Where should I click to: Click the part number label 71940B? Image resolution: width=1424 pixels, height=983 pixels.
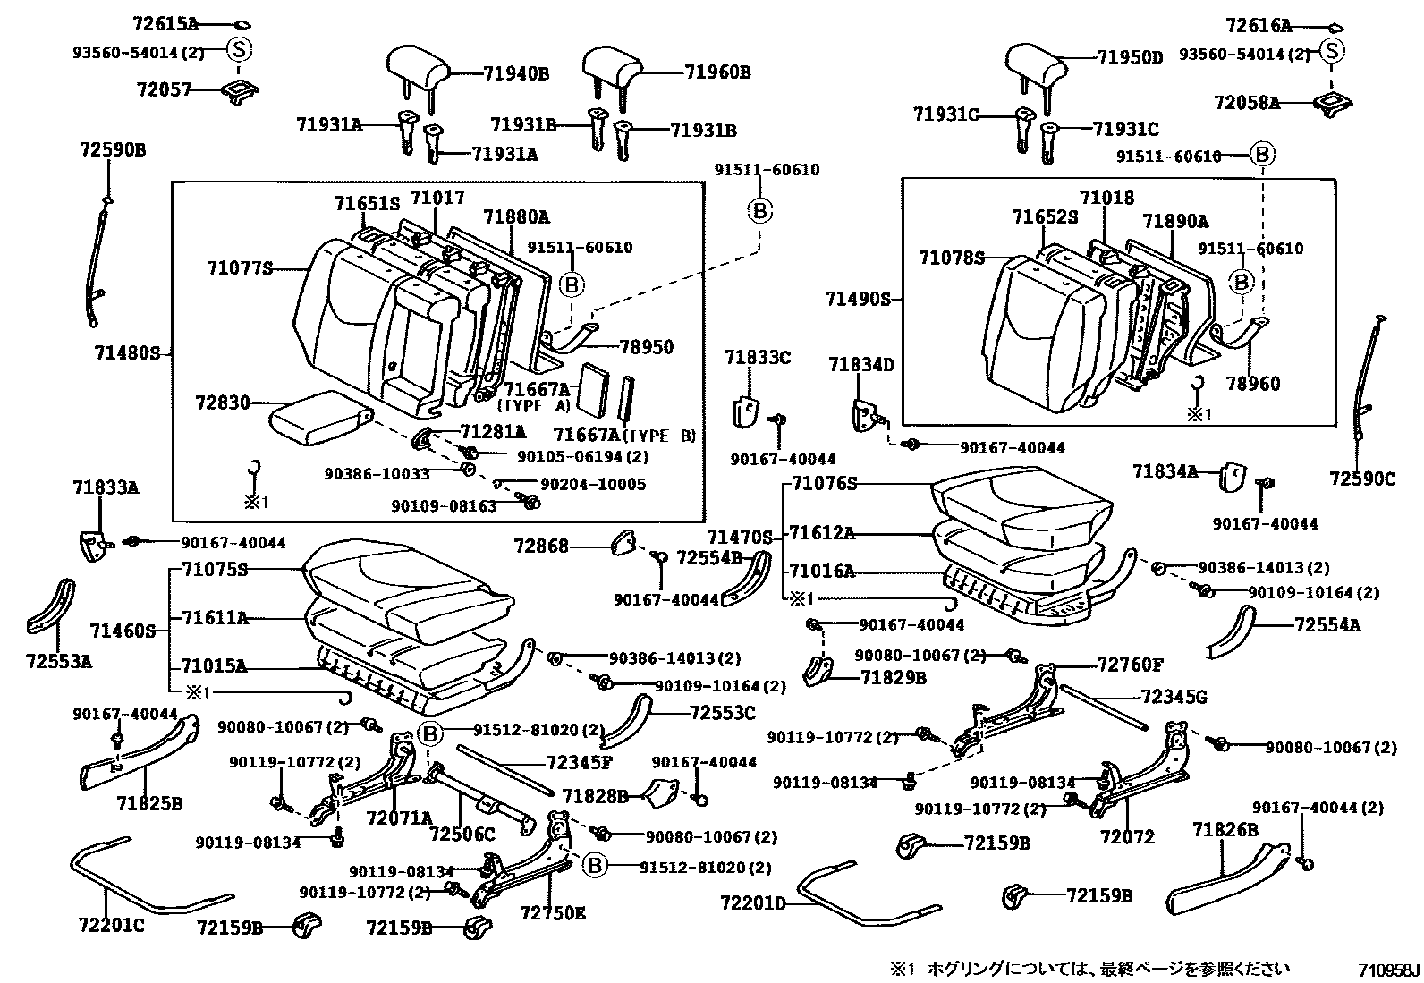click(515, 73)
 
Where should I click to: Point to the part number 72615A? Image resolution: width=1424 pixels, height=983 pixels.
click(165, 24)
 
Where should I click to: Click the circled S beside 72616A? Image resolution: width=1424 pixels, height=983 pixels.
click(1331, 51)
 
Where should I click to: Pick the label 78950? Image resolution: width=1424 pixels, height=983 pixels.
click(646, 347)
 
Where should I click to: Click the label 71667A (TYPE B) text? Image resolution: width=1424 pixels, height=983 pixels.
click(624, 435)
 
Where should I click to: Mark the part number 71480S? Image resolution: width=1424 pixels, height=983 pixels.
click(127, 353)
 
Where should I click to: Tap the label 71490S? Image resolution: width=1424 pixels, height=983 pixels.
click(858, 299)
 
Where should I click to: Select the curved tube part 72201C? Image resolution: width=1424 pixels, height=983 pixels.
click(151, 875)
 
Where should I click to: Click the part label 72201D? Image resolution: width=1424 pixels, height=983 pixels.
click(752, 902)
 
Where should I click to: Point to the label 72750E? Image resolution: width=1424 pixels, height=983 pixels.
click(553, 913)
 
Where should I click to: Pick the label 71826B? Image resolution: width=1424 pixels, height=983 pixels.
click(1225, 830)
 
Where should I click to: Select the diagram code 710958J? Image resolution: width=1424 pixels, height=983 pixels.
click(1388, 970)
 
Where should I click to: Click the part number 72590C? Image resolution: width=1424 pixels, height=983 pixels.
click(1362, 479)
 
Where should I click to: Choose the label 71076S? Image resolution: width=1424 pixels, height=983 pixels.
click(825, 484)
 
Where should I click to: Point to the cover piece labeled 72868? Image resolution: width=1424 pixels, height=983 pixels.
click(623, 542)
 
